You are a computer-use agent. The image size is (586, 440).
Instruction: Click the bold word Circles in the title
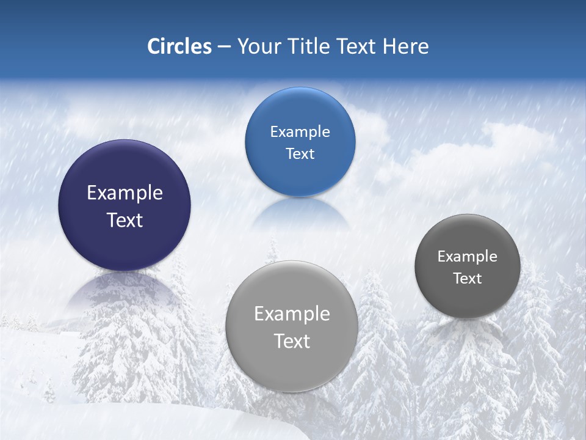(179, 46)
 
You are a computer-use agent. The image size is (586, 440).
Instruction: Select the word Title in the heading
(308, 46)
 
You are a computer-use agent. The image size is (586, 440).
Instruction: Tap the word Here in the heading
(406, 46)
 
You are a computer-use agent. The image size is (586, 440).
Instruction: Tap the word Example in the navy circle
(125, 193)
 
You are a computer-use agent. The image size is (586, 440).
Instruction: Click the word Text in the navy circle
(125, 221)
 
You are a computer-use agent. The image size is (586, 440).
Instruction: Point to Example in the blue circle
(300, 132)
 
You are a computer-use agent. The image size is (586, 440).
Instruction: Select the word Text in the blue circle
(300, 154)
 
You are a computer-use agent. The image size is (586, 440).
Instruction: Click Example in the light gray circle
(292, 314)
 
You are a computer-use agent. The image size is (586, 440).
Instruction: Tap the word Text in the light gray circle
(292, 342)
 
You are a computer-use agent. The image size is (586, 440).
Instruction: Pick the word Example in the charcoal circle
(468, 257)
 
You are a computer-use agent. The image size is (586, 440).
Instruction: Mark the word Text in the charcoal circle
(468, 279)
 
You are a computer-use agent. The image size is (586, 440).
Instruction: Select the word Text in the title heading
(356, 46)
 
